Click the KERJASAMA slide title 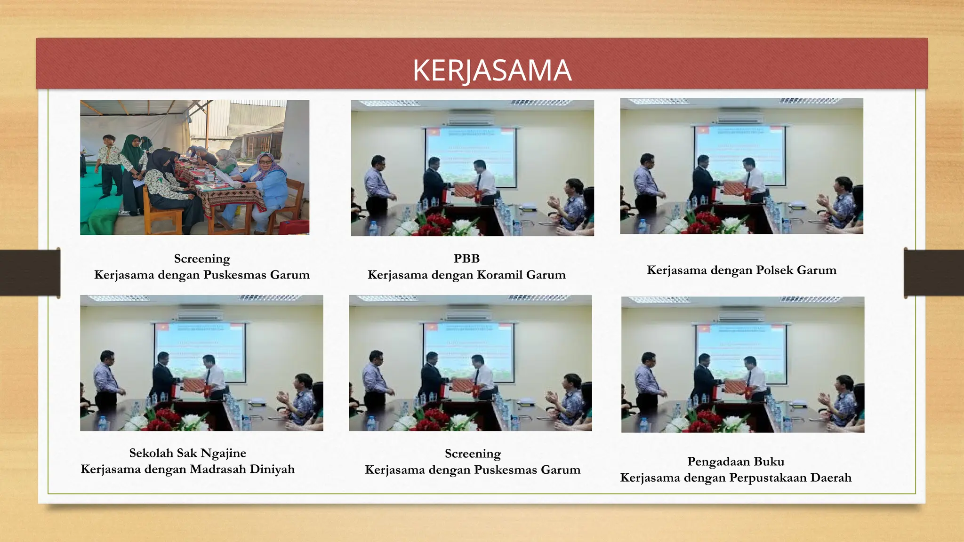click(492, 71)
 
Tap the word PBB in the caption click(466, 258)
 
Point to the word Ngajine click(223, 453)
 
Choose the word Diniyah click(272, 469)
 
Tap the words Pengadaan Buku click(735, 461)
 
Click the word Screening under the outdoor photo click(202, 259)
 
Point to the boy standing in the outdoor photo click(110, 165)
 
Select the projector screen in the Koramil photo click(471, 155)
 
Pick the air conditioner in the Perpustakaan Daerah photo click(741, 315)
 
